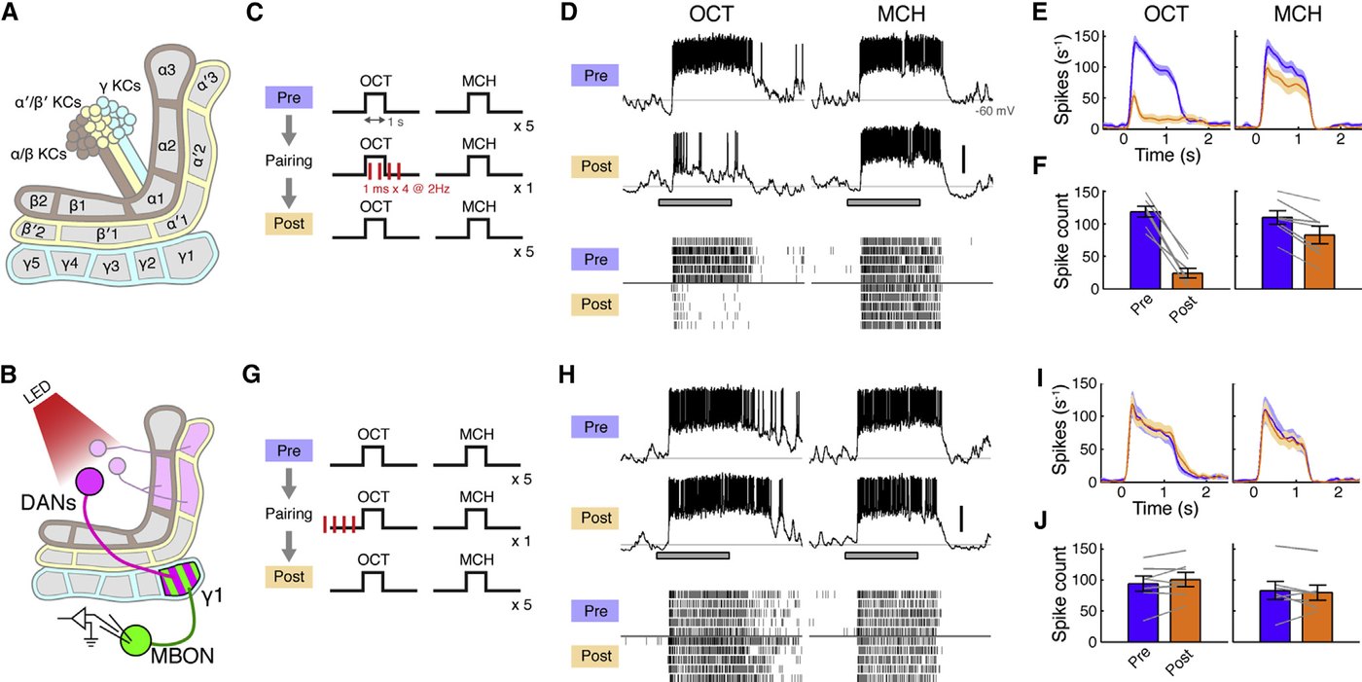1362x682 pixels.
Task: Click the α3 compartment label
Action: tap(166, 70)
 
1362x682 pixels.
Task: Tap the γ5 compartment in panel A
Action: tap(31, 263)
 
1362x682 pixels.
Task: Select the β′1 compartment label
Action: tap(107, 233)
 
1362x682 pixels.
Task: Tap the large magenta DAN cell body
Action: tap(89, 483)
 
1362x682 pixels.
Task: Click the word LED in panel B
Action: tap(38, 393)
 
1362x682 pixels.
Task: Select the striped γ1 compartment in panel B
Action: tap(182, 579)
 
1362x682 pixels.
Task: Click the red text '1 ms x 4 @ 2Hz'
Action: tap(407, 189)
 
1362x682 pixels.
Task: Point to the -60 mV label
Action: tap(994, 111)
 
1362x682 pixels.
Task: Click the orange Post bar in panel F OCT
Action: tap(1188, 281)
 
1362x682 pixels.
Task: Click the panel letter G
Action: tap(251, 374)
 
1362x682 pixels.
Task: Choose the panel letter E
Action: tap(1039, 12)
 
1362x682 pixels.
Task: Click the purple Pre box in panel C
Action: tap(289, 97)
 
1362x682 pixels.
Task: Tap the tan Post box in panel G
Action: tap(289, 576)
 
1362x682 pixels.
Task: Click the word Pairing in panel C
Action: tap(289, 162)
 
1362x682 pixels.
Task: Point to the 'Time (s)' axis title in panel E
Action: tap(1167, 155)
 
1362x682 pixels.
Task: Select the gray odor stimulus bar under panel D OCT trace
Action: tap(695, 202)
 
